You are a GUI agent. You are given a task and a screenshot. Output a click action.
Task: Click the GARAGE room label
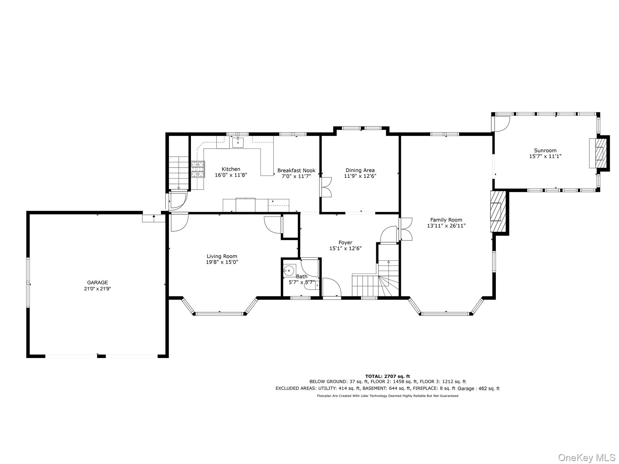pos(97,283)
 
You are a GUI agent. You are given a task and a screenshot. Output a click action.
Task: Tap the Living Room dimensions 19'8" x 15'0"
pos(222,262)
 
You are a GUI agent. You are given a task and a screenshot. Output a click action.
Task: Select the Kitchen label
pos(231,169)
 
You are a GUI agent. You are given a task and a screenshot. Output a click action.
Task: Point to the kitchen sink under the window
pos(238,142)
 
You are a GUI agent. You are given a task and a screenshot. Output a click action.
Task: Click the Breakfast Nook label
pos(296,170)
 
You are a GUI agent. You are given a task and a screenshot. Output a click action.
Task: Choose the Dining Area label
pos(360,170)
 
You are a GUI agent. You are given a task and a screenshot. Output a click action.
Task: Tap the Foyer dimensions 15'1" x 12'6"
pos(345,248)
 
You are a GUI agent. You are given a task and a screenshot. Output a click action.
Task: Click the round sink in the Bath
pos(290,270)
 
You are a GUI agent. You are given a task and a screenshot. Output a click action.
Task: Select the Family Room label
pos(446,220)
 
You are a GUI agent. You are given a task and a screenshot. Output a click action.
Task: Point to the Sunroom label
pos(545,150)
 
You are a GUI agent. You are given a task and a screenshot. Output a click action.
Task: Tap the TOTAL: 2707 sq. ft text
pos(388,376)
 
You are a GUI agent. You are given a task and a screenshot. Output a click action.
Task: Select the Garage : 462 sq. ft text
pos(478,389)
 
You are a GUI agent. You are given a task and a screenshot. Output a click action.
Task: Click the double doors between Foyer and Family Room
pos(406,229)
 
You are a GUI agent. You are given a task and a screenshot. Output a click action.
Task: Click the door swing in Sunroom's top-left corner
pos(501,124)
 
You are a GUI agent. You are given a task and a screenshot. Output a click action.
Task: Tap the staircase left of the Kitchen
pos(179,173)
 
